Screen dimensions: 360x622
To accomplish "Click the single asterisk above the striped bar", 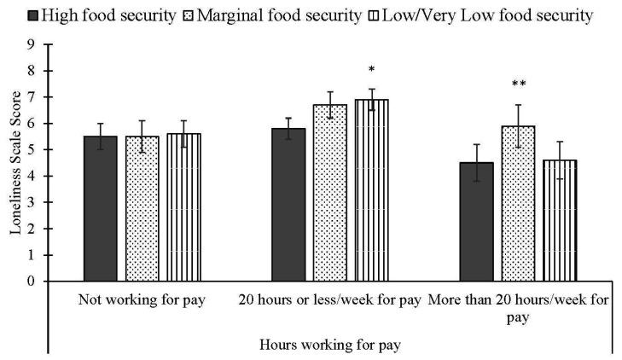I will [x=371, y=70].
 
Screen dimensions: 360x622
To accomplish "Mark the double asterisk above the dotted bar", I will [x=518, y=84].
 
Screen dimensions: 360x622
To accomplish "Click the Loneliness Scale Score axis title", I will [x=15, y=162].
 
